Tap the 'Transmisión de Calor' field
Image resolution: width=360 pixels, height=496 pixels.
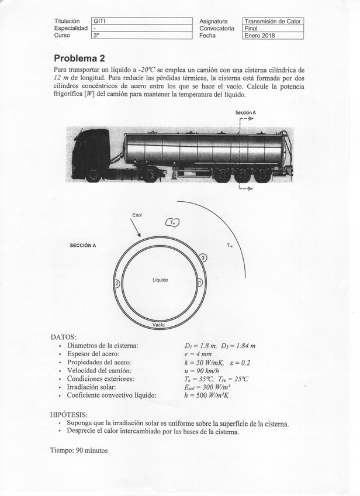[273, 22]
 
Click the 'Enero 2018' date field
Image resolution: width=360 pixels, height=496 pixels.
[273, 36]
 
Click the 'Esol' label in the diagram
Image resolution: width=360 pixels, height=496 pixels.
[137, 215]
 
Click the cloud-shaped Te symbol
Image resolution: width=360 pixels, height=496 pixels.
[174, 222]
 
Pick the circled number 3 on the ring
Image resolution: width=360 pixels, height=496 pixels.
[202, 257]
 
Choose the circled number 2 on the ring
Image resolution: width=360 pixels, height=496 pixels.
[117, 283]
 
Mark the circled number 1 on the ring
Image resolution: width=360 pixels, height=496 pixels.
[200, 283]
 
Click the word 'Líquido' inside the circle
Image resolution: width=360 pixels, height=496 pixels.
[160, 280]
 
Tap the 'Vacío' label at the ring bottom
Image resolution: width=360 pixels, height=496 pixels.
[158, 325]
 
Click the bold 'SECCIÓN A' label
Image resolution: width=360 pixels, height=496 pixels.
[83, 246]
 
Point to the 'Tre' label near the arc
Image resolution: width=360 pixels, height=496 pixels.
[230, 246]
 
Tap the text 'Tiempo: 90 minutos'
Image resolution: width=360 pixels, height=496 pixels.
[79, 451]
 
